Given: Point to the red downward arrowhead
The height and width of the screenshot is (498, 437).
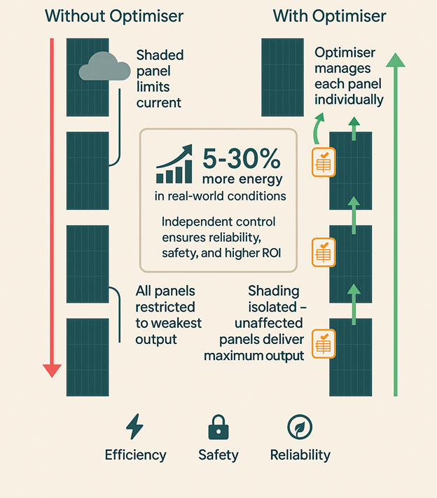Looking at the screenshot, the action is click(x=52, y=369).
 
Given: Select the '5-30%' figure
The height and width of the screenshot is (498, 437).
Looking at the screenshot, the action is click(x=241, y=160).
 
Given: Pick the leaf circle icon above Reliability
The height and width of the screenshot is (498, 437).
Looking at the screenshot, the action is click(x=300, y=426).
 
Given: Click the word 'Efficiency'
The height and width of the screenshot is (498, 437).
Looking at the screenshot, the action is click(x=136, y=455).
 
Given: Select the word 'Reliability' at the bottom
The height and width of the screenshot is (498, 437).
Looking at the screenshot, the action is click(x=300, y=455).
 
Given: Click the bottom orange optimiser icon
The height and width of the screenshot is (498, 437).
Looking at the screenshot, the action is click(x=324, y=343).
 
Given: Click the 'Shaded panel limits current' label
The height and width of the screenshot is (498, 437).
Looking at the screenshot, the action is click(x=159, y=78).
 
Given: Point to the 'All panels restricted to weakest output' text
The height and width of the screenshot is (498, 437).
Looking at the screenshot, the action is click(x=168, y=315).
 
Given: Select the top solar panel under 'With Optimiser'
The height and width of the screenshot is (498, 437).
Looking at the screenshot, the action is click(x=282, y=77).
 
